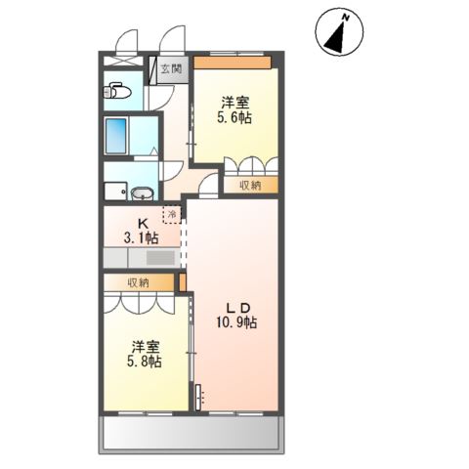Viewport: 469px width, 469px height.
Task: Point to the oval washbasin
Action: click(141, 192)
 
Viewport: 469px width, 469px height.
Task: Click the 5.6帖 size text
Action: click(235, 117)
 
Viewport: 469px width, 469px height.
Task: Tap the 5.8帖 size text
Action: click(147, 361)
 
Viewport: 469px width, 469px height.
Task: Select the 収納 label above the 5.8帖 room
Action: click(138, 282)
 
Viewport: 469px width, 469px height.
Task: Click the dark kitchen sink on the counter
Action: click(159, 258)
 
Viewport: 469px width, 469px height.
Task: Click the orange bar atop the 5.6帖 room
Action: click(232, 63)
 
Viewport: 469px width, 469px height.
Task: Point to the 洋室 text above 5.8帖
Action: click(146, 345)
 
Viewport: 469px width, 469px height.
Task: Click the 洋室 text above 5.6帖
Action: click(234, 102)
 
